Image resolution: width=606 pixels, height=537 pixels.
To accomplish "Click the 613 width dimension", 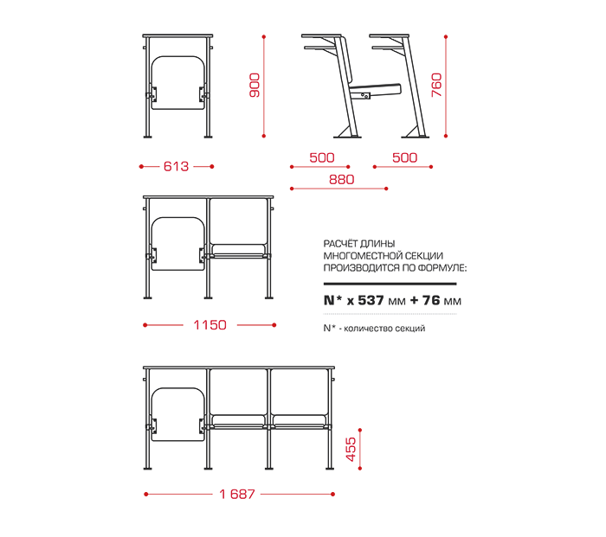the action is [x=177, y=166].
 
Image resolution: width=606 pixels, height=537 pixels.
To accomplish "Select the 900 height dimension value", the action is [x=255, y=85].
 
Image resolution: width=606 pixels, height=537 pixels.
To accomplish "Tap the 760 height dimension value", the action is [x=436, y=85].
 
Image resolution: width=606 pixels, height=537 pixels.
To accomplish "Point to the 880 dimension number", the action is [x=342, y=180].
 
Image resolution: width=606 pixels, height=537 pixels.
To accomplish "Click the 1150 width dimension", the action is [x=210, y=325].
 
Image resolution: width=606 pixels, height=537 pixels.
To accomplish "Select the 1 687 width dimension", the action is [x=237, y=494].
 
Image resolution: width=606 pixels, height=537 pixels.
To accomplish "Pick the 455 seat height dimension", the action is [x=351, y=449].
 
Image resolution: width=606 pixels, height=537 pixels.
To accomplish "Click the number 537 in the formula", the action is [x=371, y=300].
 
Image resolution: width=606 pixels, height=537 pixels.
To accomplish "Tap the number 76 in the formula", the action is [x=431, y=300].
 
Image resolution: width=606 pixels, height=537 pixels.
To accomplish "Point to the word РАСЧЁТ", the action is [x=340, y=244].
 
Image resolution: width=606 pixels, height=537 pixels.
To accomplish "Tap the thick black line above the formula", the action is [x=390, y=284].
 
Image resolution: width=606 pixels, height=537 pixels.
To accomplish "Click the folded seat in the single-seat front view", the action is [x=177, y=83].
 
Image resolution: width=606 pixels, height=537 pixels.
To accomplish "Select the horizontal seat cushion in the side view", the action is [x=376, y=88].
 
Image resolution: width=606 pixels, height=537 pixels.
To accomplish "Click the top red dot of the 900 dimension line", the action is [x=264, y=37].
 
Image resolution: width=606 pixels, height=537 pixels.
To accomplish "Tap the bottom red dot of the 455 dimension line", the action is [x=360, y=469].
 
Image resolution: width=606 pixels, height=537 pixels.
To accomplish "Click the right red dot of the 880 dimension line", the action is [x=386, y=189].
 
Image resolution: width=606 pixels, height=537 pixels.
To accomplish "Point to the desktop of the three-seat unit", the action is [x=239, y=368].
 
